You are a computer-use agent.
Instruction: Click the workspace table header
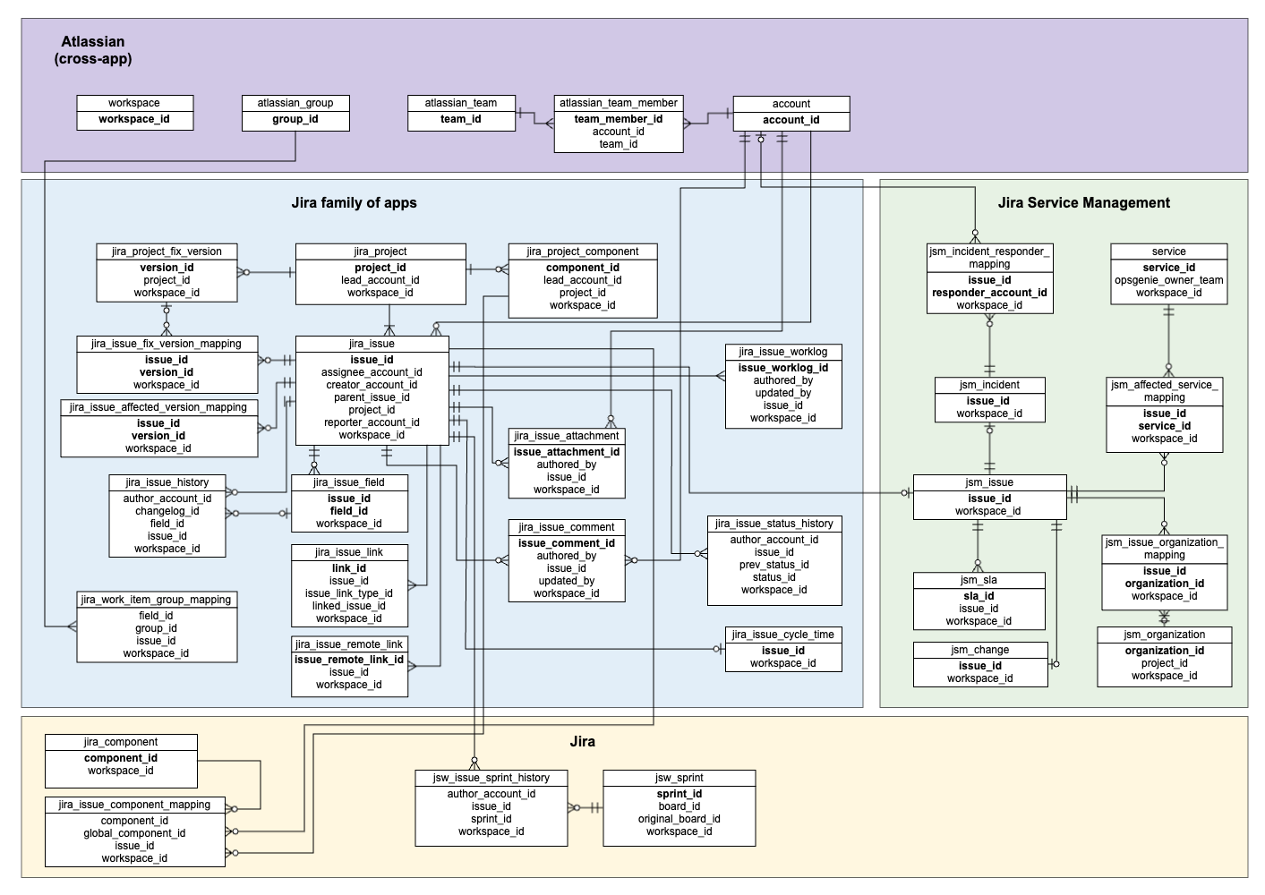pyautogui.click(x=134, y=103)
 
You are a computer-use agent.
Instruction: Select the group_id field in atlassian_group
pyautogui.click(x=295, y=119)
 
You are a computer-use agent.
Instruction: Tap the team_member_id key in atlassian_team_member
pyautogui.click(x=618, y=119)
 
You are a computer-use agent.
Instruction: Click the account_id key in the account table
pyautogui.click(x=791, y=120)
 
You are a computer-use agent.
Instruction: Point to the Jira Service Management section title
pyautogui.click(x=1083, y=203)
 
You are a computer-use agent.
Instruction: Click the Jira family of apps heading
pyautogui.click(x=354, y=203)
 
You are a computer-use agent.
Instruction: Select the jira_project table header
pyautogui.click(x=380, y=251)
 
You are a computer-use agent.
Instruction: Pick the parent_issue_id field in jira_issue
pyautogui.click(x=372, y=397)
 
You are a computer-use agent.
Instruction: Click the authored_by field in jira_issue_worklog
pyautogui.click(x=782, y=380)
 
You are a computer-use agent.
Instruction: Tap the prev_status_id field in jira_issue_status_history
pyautogui.click(x=774, y=565)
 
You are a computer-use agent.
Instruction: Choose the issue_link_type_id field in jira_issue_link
pyautogui.click(x=348, y=593)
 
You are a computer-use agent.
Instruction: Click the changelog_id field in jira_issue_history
pyautogui.click(x=167, y=511)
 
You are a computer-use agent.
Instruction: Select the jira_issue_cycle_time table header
pyautogui.click(x=782, y=635)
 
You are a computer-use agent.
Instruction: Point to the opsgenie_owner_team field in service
pyautogui.click(x=1168, y=280)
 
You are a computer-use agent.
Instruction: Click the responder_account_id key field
pyautogui.click(x=989, y=293)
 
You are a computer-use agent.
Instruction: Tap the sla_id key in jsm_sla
pyautogui.click(x=979, y=596)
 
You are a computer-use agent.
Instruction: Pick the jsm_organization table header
pyautogui.click(x=1164, y=635)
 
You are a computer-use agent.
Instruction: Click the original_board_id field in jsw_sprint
pyautogui.click(x=679, y=819)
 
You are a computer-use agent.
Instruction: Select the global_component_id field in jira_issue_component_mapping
pyautogui.click(x=134, y=833)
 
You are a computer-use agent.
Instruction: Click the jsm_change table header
pyautogui.click(x=979, y=650)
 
